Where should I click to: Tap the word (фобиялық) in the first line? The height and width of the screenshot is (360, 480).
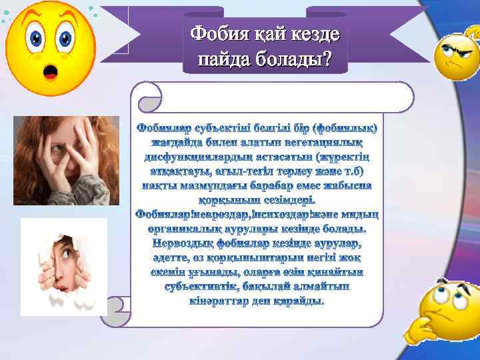click(x=346, y=127)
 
